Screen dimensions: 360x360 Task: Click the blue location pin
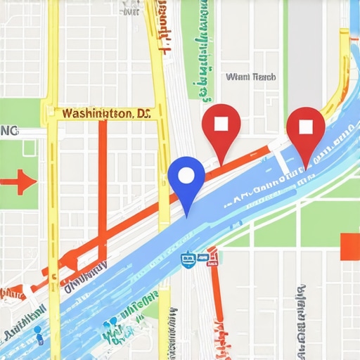(x=186, y=179)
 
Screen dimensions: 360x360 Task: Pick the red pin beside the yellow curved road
(x=305, y=130)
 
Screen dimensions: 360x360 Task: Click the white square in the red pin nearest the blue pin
(x=221, y=124)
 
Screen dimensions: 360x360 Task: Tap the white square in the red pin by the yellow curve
(x=305, y=127)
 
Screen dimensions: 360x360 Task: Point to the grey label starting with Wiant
(x=251, y=77)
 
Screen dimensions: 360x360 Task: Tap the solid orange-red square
(x=349, y=247)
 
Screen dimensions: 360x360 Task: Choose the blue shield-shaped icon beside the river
(x=186, y=259)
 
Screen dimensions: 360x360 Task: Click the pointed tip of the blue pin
(x=187, y=213)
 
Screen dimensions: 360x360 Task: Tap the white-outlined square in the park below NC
(x=28, y=148)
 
